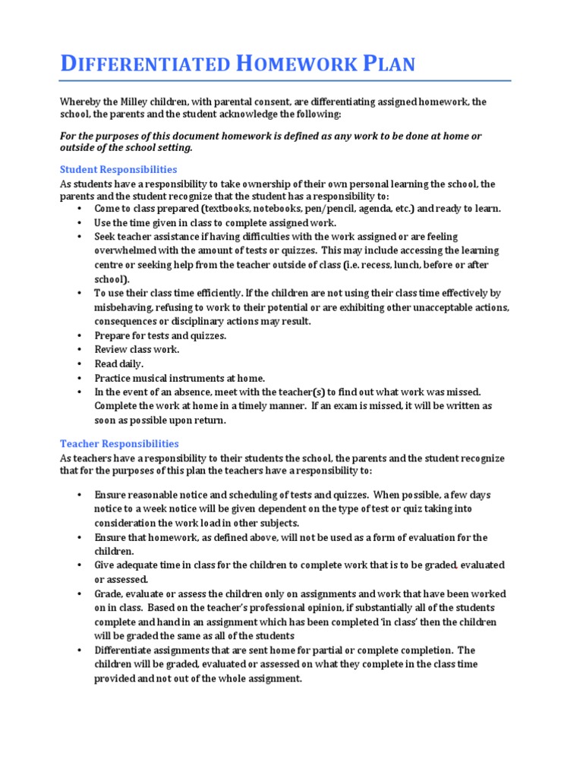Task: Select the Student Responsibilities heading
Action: (x=118, y=169)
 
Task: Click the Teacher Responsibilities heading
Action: (x=119, y=443)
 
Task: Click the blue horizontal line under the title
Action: (x=285, y=80)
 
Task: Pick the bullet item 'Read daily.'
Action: (x=118, y=363)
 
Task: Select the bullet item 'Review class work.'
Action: (x=137, y=349)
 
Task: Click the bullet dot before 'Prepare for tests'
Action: (x=80, y=335)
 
